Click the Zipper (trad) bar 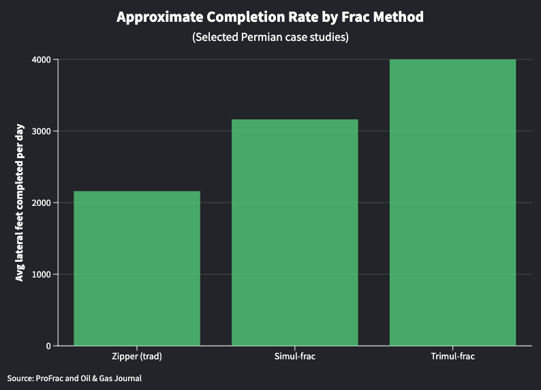point(136,268)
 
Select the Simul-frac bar point(294,232)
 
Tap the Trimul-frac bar point(452,202)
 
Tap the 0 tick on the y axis point(48,346)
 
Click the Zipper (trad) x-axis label point(136,357)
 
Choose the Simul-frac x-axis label point(294,357)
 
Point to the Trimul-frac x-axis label point(452,357)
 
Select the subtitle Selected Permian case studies point(270,37)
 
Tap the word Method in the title point(398,17)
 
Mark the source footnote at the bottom point(74,378)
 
